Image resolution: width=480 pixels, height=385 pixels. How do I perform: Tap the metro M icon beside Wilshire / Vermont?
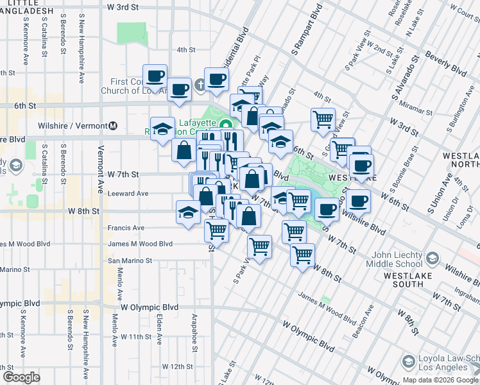tap(113, 126)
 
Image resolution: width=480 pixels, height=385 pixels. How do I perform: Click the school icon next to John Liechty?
tap(433, 258)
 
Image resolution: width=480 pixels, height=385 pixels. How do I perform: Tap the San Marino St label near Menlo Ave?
tap(130, 261)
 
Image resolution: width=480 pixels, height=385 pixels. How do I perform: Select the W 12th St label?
tap(177, 366)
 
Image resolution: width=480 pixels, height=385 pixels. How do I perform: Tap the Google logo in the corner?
tap(21, 377)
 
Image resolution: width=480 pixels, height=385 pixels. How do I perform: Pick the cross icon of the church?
tap(200, 84)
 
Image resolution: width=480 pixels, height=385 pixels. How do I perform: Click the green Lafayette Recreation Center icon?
tap(225, 124)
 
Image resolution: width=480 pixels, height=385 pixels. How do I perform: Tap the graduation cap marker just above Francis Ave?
tap(188, 212)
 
